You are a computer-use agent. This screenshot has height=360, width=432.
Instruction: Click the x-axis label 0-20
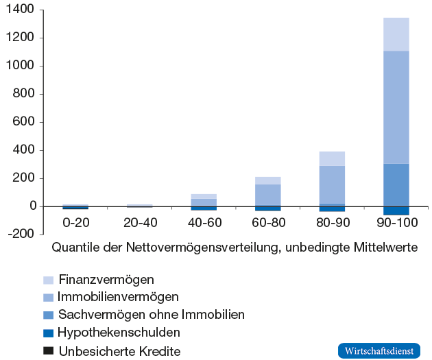pyautogui.click(x=75, y=223)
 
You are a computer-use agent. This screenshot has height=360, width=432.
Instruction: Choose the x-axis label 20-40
pyautogui.click(x=139, y=223)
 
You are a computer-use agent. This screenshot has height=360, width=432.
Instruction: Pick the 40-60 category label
pyautogui.click(x=204, y=223)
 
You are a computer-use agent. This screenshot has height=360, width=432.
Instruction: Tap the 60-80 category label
pyautogui.click(x=267, y=223)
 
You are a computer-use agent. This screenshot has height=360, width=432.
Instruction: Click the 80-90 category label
pyautogui.click(x=332, y=223)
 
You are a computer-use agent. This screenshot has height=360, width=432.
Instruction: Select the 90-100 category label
pyautogui.click(x=396, y=223)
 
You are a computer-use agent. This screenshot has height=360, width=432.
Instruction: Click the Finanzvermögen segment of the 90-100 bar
pyautogui.click(x=396, y=34)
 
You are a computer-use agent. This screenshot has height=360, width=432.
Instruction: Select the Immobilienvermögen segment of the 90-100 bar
pyautogui.click(x=396, y=107)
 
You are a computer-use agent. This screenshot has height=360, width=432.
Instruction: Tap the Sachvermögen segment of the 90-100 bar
pyautogui.click(x=396, y=184)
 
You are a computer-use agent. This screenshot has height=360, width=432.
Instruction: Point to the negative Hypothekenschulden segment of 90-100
pyautogui.click(x=396, y=211)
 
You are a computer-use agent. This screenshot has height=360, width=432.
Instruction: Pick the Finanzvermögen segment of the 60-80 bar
pyautogui.click(x=267, y=180)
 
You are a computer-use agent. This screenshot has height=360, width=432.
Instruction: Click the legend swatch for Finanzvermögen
pyautogui.click(x=48, y=280)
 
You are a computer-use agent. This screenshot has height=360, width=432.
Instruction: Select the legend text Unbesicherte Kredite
pyautogui.click(x=120, y=351)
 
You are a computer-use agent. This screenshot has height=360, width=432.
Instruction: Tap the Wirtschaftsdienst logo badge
pyautogui.click(x=379, y=350)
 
